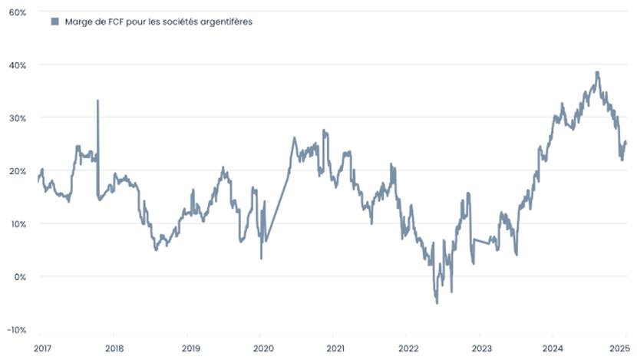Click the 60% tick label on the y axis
tap(18, 12)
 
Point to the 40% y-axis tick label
tap(18, 65)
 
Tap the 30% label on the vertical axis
tap(18, 118)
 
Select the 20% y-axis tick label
tap(18, 171)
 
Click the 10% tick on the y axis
tap(18, 224)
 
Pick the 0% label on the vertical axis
tap(20, 276)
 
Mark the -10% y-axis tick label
tap(16, 329)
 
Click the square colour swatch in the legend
tap(54, 21)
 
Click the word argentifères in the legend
tap(223, 21)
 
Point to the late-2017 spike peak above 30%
tap(97, 101)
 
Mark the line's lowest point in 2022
tap(437, 302)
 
